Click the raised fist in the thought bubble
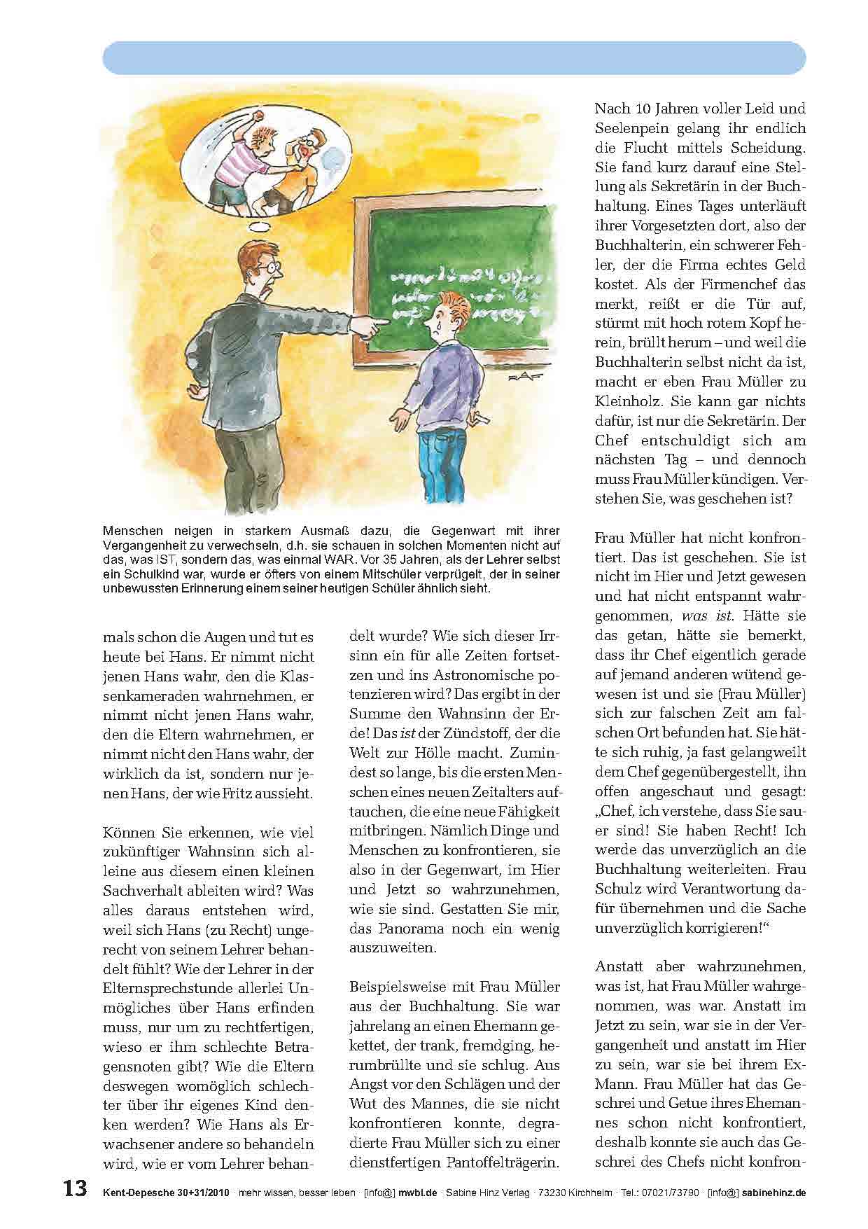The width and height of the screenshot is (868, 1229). pyautogui.click(x=260, y=113)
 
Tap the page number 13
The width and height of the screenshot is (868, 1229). pyautogui.click(x=75, y=1190)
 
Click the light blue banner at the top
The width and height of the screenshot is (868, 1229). pyautogui.click(x=454, y=58)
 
